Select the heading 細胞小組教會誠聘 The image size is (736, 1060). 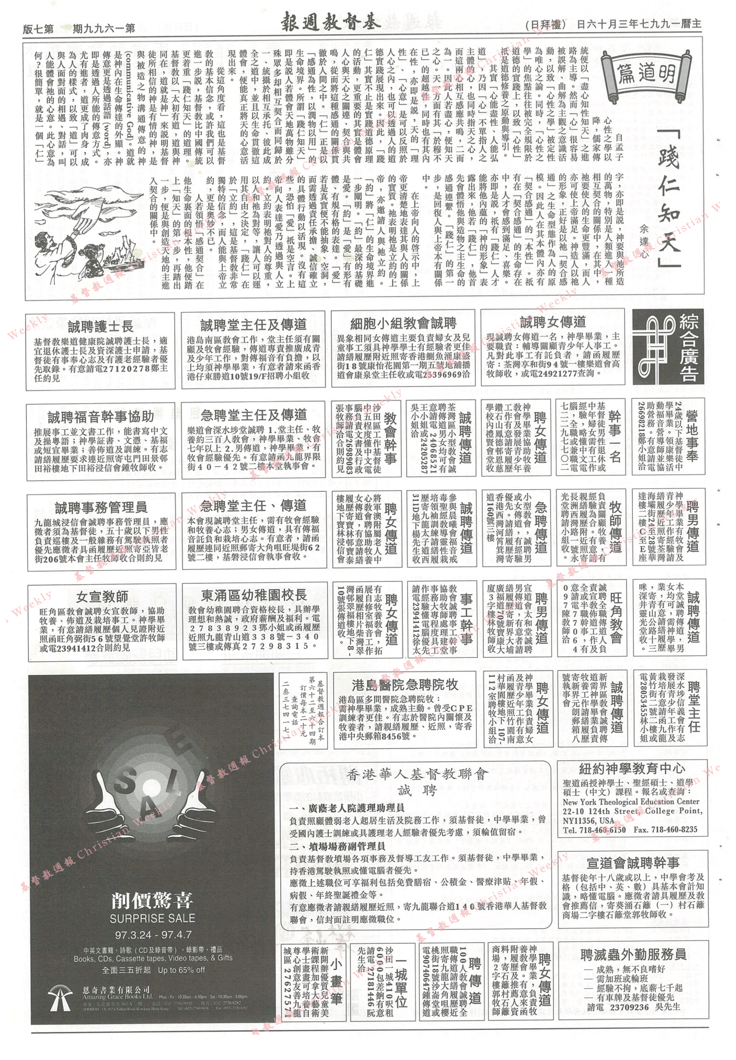[403, 324]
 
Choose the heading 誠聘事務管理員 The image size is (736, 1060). [101, 508]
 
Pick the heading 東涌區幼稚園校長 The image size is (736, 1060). [254, 595]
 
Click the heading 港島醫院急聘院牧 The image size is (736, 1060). [405, 685]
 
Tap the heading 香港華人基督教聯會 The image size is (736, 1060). [417, 774]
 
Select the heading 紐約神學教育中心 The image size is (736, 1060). [632, 768]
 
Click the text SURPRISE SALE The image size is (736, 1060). [153, 918]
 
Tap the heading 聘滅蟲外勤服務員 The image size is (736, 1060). [633, 954]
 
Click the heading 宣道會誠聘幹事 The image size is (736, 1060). [632, 862]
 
